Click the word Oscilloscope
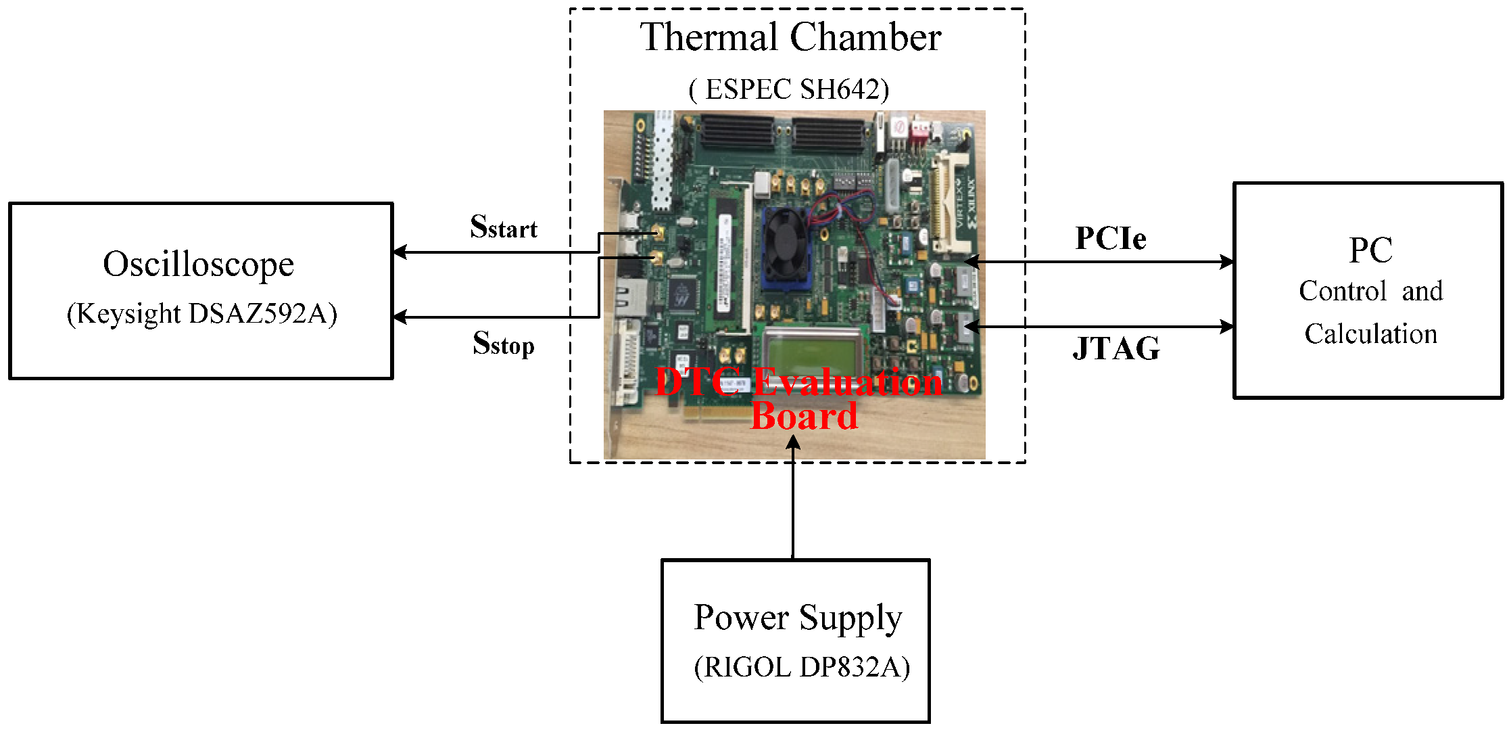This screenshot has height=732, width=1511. pyautogui.click(x=198, y=265)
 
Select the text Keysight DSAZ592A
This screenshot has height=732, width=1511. pyautogui.click(x=201, y=314)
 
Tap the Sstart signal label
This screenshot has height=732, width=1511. pyautogui.click(x=503, y=227)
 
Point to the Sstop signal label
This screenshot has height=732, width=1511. pyautogui.click(x=503, y=344)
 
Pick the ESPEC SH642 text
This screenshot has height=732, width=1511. pyautogui.click(x=790, y=89)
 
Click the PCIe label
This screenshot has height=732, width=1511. pyautogui.click(x=1110, y=238)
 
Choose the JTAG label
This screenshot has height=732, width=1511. pyautogui.click(x=1116, y=348)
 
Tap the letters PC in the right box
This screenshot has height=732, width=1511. pyautogui.click(x=1370, y=250)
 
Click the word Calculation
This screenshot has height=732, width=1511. pyautogui.click(x=1370, y=334)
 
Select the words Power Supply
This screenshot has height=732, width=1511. pyautogui.click(x=798, y=618)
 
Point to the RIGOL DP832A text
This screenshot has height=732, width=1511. pyautogui.click(x=802, y=667)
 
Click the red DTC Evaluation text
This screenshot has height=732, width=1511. pyautogui.click(x=798, y=383)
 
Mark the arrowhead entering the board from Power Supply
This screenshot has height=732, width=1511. pyautogui.click(x=793, y=442)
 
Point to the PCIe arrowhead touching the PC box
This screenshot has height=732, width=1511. pyautogui.click(x=1226, y=262)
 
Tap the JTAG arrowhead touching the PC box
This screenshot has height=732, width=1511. pyautogui.click(x=1226, y=327)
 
